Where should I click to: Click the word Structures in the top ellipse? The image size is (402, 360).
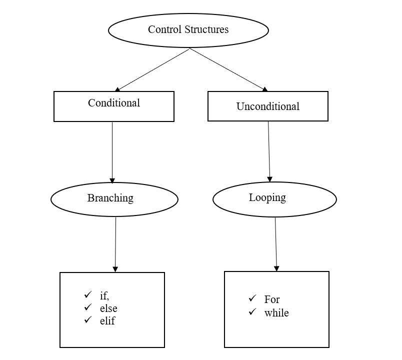pyautogui.click(x=205, y=29)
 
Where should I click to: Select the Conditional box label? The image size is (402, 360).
pyautogui.click(x=114, y=103)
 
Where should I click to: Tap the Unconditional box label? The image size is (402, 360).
pyautogui.click(x=267, y=106)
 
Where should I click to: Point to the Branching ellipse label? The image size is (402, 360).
pyautogui.click(x=110, y=198)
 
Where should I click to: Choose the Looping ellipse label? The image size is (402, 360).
pyautogui.click(x=267, y=197)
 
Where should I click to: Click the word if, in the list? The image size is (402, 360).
pyautogui.click(x=104, y=295)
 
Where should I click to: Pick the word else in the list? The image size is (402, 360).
pyautogui.click(x=108, y=308)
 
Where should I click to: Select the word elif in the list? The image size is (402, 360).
pyautogui.click(x=107, y=321)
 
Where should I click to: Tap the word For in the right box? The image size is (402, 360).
pyautogui.click(x=272, y=299)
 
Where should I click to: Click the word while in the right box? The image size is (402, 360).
pyautogui.click(x=276, y=313)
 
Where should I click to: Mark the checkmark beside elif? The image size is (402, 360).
pyautogui.click(x=88, y=319)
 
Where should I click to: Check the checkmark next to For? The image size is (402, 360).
pyautogui.click(x=252, y=298)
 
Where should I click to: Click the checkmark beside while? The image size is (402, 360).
pyautogui.click(x=252, y=312)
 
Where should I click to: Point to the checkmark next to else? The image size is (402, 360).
pyautogui.click(x=88, y=307)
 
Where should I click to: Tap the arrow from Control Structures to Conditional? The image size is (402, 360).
pyautogui.click(x=152, y=69)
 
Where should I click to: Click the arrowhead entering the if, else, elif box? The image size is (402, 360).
pyautogui.click(x=115, y=269)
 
